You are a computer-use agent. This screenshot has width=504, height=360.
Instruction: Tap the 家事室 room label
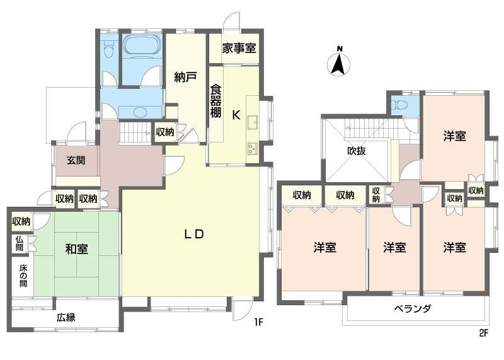tap(234, 48)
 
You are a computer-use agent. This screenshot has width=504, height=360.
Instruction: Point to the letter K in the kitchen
tap(236, 115)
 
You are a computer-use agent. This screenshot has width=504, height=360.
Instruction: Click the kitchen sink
tap(253, 122)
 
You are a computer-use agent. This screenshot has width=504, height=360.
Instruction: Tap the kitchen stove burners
tap(253, 149)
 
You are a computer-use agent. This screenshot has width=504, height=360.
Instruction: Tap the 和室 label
tap(77, 248)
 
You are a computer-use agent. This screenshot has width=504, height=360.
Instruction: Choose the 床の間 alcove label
tap(23, 277)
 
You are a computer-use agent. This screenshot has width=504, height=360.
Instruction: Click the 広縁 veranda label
tap(66, 317)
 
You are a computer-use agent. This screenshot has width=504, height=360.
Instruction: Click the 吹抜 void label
tap(357, 151)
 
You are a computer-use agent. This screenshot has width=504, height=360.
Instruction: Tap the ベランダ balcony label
tap(413, 309)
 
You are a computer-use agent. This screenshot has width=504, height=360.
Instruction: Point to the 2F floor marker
tap(483, 334)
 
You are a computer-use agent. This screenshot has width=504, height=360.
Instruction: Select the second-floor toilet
tap(398, 105)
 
